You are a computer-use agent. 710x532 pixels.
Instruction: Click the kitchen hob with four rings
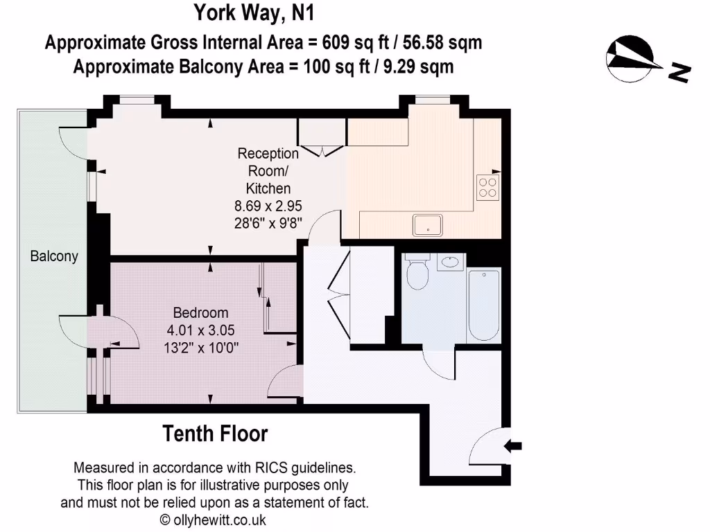(x=487, y=187)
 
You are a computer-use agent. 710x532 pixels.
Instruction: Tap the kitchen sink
(x=427, y=224)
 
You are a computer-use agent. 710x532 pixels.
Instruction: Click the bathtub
(x=483, y=304)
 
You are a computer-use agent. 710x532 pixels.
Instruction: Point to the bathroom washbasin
(x=451, y=262)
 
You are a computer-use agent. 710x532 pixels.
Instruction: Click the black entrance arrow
(x=513, y=445)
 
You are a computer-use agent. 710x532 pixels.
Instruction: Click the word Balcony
(x=54, y=256)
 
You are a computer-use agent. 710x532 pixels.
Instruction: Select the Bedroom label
(x=200, y=312)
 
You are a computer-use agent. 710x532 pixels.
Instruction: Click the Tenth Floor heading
(x=215, y=434)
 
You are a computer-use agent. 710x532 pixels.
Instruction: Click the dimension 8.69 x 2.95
(x=269, y=206)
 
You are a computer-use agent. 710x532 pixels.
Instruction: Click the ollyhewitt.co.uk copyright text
(x=213, y=520)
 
